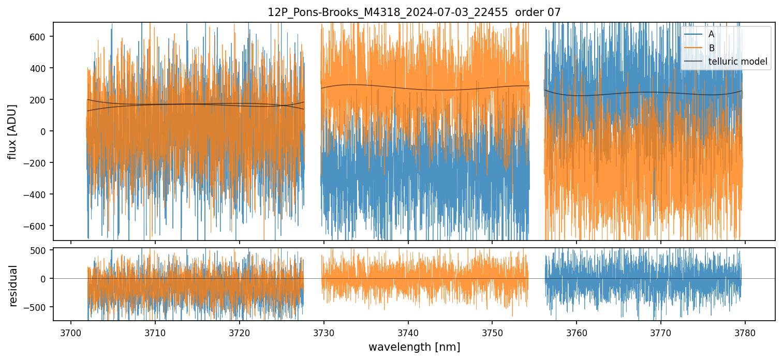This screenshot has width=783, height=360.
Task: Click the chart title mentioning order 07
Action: point(413,12)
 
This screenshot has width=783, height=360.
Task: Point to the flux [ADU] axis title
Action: point(12,131)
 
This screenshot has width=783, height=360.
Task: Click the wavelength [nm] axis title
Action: point(413,347)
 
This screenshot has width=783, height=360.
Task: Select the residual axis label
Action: point(13,286)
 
